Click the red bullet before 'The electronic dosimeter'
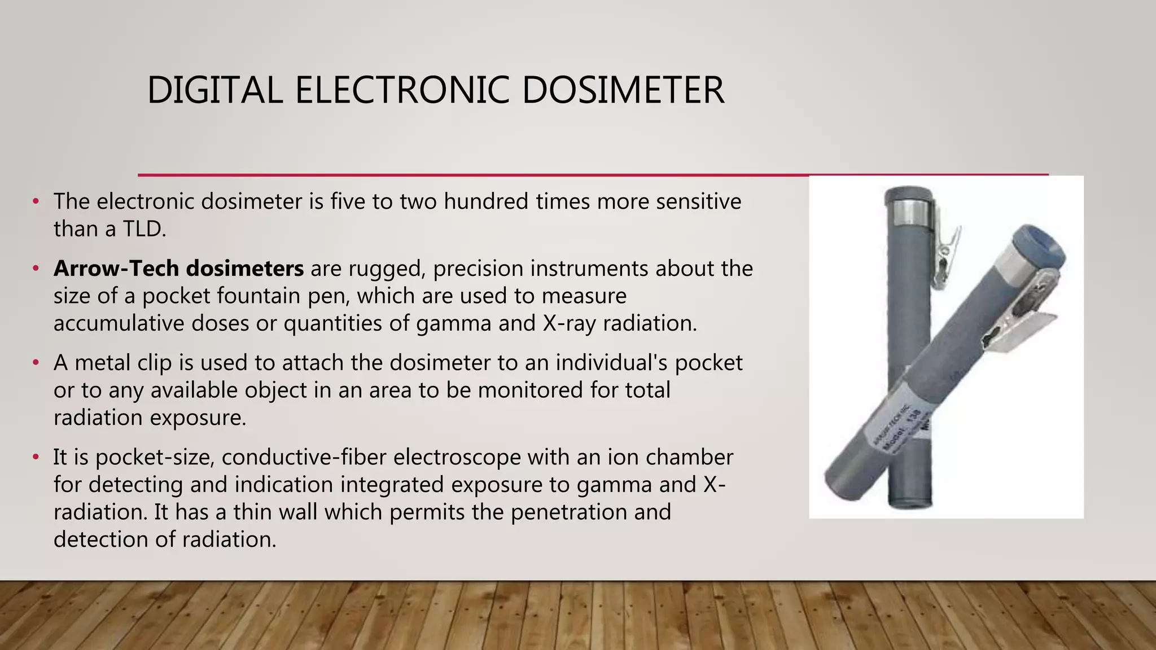(x=36, y=201)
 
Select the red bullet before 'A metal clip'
(x=36, y=363)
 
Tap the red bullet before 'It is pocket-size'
(x=36, y=457)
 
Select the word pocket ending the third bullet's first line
(x=708, y=363)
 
